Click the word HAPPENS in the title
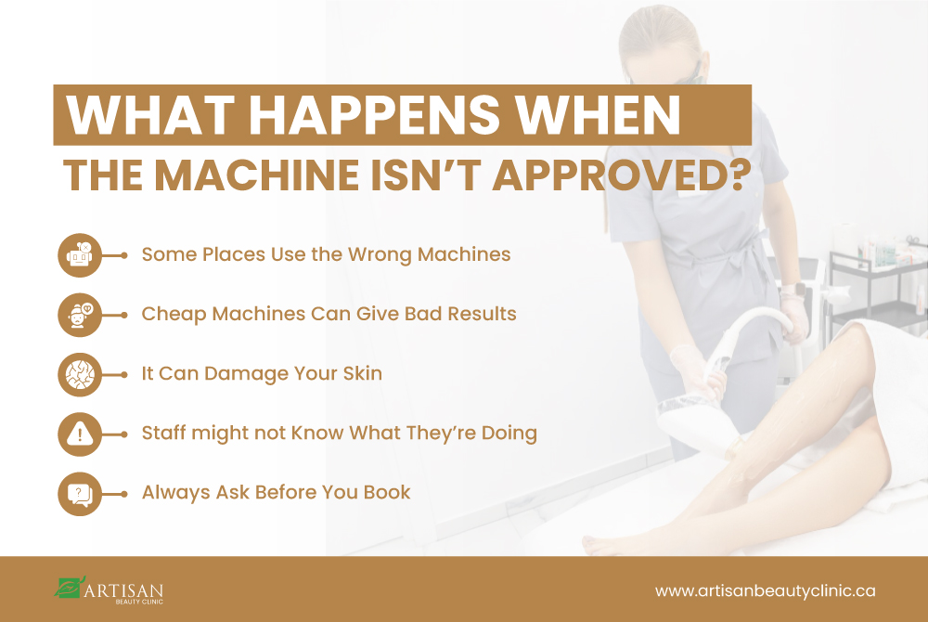click(x=374, y=114)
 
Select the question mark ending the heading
click(x=738, y=175)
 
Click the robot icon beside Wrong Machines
click(x=80, y=255)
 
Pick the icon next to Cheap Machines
click(x=80, y=315)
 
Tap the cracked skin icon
click(x=80, y=375)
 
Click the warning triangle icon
click(x=80, y=434)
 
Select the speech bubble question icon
click(x=80, y=494)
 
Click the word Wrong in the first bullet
click(x=380, y=255)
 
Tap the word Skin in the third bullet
click(x=363, y=373)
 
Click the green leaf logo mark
click(x=70, y=587)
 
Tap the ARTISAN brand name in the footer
click(x=123, y=590)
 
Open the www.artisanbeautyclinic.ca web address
click(x=766, y=590)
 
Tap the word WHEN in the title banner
click(x=599, y=114)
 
